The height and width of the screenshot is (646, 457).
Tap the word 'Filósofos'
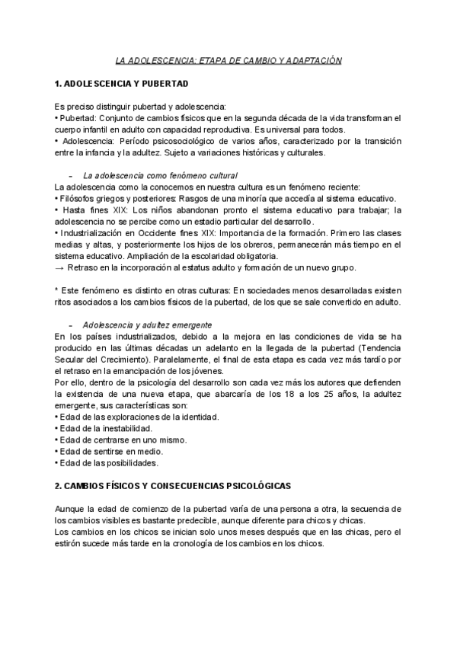pos(78,197)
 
